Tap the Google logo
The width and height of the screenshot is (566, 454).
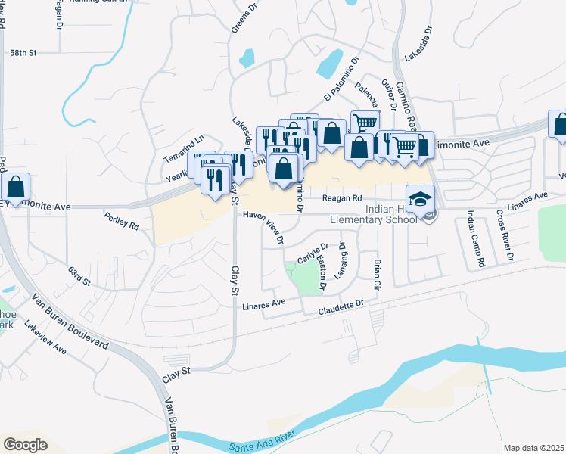(x=26, y=444)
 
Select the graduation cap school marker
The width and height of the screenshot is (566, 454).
(x=420, y=199)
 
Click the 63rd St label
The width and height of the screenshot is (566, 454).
(x=79, y=276)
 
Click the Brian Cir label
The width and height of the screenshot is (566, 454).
(x=376, y=275)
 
